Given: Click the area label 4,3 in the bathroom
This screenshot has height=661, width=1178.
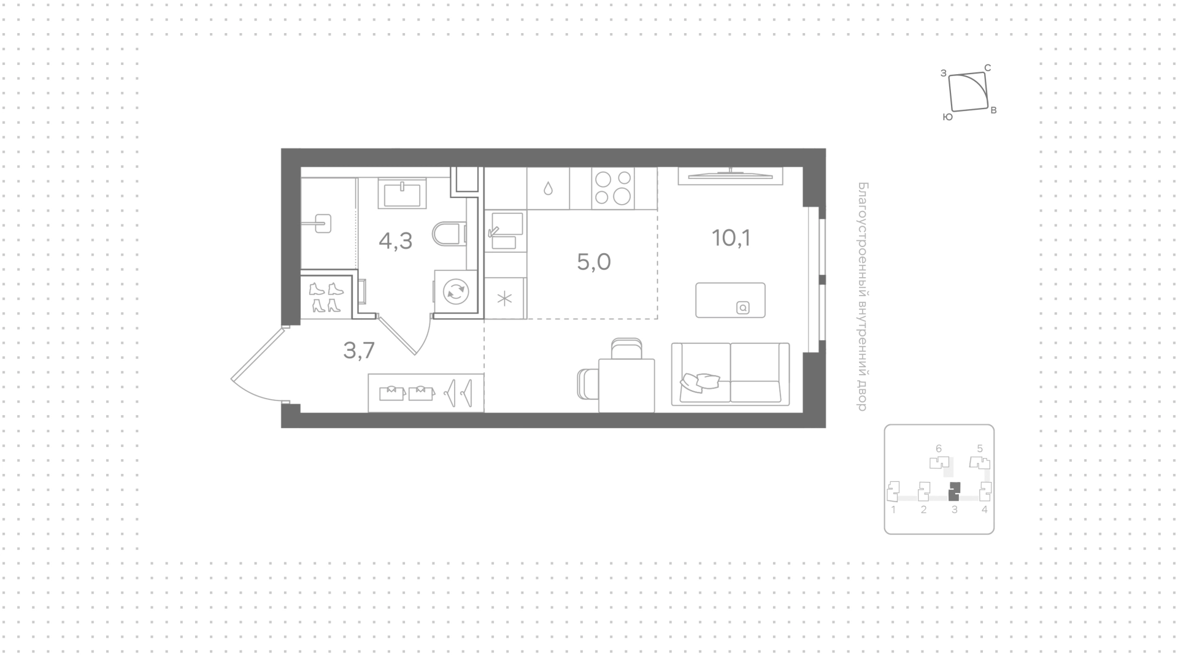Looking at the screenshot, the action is [396, 241].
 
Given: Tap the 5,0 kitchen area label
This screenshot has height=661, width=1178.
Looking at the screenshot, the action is [594, 262].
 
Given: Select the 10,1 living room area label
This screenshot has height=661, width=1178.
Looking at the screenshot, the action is [731, 237].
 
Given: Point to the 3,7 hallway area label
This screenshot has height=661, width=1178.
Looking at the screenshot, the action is [359, 350].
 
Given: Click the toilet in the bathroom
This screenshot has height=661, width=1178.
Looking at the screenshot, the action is [450, 233].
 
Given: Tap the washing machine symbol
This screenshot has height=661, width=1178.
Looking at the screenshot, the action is [456, 292].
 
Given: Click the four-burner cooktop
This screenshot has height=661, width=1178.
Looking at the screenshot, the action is [613, 187].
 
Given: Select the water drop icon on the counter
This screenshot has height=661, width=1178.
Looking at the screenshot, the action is [549, 188].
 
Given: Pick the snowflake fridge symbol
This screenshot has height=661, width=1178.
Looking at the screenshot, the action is [504, 299].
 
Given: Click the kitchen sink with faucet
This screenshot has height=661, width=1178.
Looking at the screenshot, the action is [504, 231].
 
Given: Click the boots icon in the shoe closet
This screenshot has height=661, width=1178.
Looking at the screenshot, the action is [326, 297].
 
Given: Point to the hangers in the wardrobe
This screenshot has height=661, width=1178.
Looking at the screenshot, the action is [460, 392].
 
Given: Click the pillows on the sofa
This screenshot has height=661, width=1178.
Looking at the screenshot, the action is [700, 382].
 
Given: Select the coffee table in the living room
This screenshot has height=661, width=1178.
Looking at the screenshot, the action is [730, 300].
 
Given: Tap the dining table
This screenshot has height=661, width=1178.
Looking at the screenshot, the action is [626, 385].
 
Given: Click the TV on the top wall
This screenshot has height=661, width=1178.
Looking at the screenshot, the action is [730, 175].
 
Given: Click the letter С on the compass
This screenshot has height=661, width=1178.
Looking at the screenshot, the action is [988, 68].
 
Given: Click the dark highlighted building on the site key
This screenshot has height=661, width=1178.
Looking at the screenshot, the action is [954, 491].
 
